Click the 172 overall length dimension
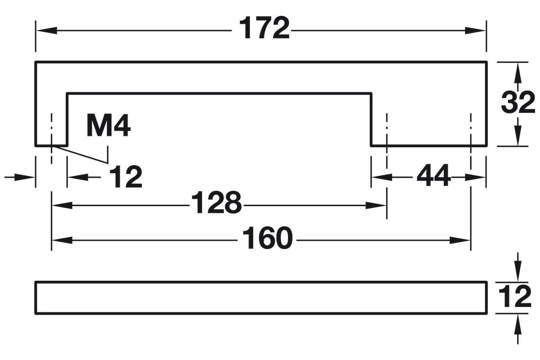[x=264, y=28]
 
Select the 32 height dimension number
[x=518, y=102]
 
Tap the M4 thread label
[x=109, y=126]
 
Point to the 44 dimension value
[x=433, y=175]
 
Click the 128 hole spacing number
[x=216, y=202]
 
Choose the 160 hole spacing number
[x=267, y=238]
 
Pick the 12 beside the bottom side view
[x=515, y=297]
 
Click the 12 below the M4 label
[x=126, y=176]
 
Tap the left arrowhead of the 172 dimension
[x=46, y=31]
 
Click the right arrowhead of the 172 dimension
[x=475, y=31]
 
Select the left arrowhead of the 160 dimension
[x=62, y=240]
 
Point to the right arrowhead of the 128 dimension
[x=376, y=206]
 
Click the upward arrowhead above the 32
[x=518, y=74]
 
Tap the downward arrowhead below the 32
[x=518, y=135]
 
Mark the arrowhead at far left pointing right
[x=25, y=177]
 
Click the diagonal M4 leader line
[x=80, y=155]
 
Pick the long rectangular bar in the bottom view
[x=261, y=298]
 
